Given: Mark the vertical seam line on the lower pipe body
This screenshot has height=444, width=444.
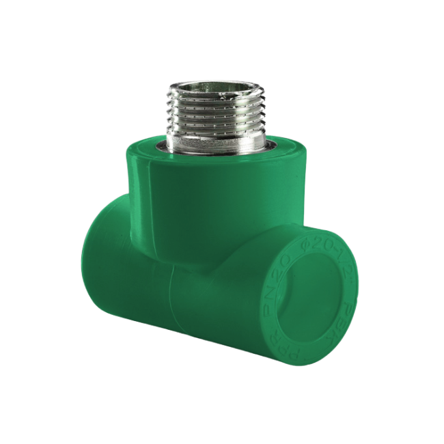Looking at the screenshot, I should click(170, 301).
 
